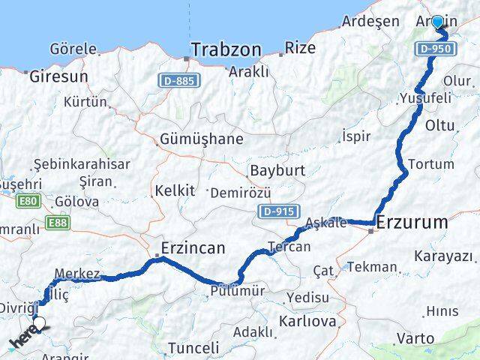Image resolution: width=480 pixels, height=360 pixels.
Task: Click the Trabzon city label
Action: point(226,50)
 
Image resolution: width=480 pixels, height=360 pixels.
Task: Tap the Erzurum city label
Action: point(412,223)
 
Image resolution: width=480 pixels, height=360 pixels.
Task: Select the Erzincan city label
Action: point(193,247)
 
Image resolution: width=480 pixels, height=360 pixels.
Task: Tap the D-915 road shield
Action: point(280,212)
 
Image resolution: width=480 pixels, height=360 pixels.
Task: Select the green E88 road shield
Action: point(58,223)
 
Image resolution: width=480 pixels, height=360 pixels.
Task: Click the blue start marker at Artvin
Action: point(437,22)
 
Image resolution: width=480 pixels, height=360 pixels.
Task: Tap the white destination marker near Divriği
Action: point(39,324)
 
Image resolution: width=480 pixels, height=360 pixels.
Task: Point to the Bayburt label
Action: point(277,170)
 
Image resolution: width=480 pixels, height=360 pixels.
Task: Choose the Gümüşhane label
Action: point(202,139)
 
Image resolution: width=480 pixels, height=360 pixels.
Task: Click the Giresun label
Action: point(58,76)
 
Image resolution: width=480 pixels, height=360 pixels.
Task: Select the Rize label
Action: point(301,48)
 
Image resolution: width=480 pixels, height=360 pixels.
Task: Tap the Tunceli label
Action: point(193,348)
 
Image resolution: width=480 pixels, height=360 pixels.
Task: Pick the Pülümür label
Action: point(238,291)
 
